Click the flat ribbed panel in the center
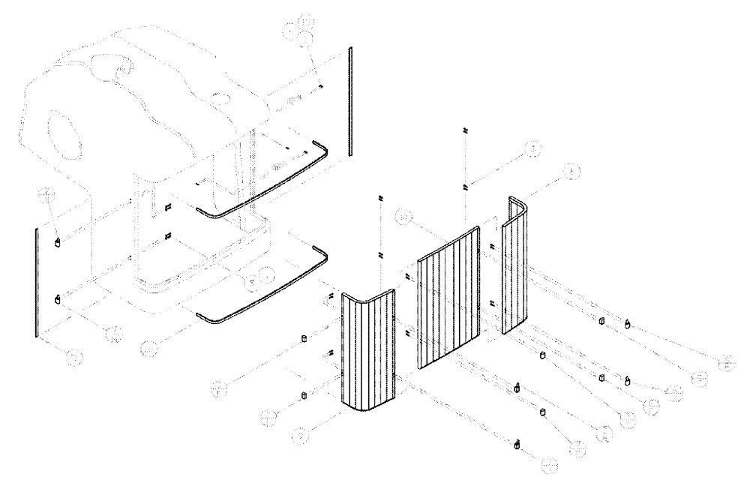pos(448,300)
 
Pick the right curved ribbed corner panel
pos(516,270)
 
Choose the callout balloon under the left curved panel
pos(298,434)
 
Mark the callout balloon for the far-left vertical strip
pos(72,358)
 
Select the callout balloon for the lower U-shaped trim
pos(148,348)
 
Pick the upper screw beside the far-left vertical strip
pos(58,243)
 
